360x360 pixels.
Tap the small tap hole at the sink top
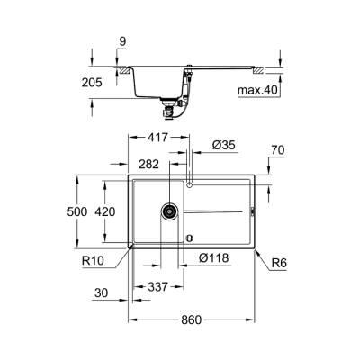189,183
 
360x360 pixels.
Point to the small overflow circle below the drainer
189,238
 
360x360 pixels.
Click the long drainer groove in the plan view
216,212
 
